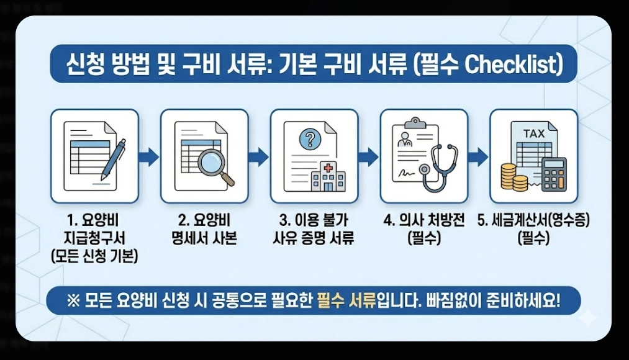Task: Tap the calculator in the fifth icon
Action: tap(553, 174)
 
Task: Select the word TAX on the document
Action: tap(533, 133)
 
